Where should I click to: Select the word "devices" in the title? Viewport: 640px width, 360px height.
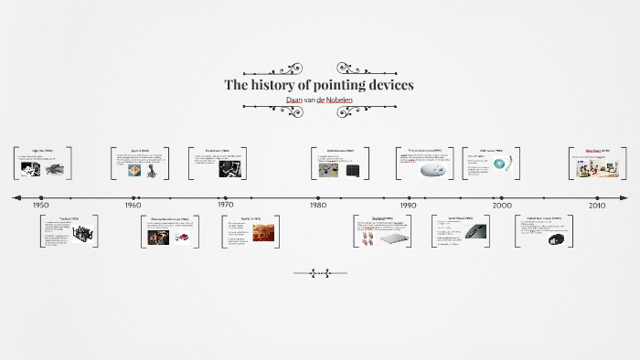point(389,85)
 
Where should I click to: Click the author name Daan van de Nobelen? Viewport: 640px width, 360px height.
point(319,99)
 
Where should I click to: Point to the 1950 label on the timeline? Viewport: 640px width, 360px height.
point(41,206)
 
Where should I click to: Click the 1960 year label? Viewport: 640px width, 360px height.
point(133,206)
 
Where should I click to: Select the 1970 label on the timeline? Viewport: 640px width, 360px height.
point(225,206)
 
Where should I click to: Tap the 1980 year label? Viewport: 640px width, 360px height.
point(317,206)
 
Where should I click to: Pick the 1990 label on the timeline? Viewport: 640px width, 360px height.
point(410,206)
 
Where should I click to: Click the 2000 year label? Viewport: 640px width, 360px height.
point(502,206)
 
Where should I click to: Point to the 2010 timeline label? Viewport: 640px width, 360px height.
point(597,206)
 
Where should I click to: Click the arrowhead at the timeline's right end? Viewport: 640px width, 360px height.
point(625,197)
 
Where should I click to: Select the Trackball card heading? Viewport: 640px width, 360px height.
point(69,219)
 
